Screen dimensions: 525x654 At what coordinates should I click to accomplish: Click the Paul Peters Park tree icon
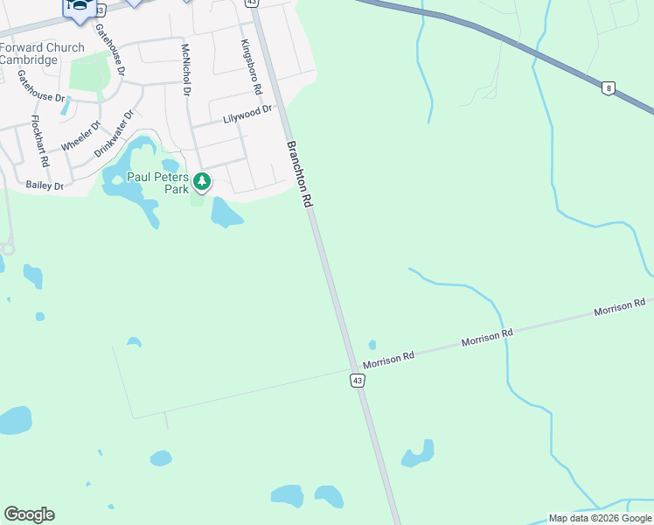(202, 182)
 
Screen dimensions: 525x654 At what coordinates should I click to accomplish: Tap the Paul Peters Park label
(158, 182)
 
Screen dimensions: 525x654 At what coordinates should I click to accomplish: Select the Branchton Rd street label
(300, 173)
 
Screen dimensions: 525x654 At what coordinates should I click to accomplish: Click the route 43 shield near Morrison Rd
(357, 380)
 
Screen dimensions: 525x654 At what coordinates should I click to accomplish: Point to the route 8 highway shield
(608, 87)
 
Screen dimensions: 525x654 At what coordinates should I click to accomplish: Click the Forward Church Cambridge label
(42, 53)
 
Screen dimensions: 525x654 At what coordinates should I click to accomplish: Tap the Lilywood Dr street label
(248, 113)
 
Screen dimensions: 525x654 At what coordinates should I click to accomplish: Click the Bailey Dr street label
(45, 185)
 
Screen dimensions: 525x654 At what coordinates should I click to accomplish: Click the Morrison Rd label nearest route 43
(389, 358)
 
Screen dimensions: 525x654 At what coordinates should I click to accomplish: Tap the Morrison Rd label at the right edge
(619, 307)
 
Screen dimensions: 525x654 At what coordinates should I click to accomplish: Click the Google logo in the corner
(29, 514)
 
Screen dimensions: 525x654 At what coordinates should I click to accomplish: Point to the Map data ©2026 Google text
(600, 518)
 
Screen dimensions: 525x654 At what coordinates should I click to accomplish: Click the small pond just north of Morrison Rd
(372, 345)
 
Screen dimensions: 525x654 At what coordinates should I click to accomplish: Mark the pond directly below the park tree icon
(226, 212)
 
